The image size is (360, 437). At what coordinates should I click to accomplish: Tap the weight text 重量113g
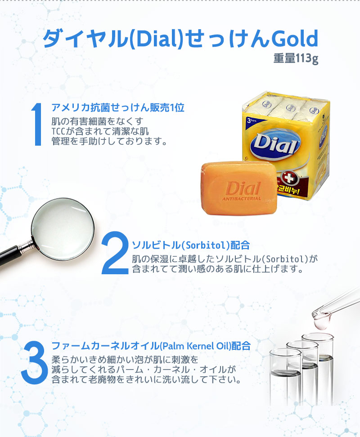pos(296,58)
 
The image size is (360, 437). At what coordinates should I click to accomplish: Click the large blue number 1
pos(36,124)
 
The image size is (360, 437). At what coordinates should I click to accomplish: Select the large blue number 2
pos(115,253)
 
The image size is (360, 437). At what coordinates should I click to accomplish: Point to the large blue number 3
pos(35,362)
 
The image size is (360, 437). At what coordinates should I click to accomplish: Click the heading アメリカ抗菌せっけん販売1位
pos(118,107)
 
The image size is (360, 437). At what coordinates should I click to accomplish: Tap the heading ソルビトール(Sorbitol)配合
pos(191,245)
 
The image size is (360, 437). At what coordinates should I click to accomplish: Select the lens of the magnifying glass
pos(63,229)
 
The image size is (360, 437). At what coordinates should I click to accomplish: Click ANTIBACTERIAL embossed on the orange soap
pos(242,199)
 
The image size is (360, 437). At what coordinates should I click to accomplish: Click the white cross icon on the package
pos(289,177)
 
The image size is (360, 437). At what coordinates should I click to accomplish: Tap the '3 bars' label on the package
pos(251,120)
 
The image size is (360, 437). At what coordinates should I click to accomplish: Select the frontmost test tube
pos(285,376)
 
